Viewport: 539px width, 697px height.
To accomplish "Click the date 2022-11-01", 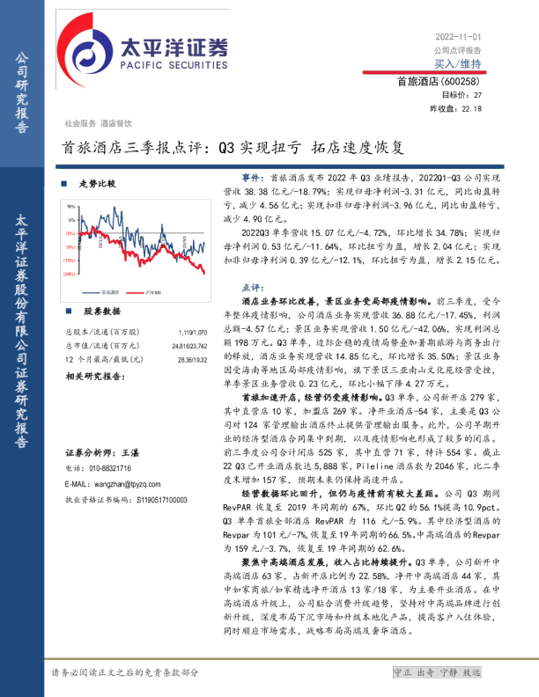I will coord(458,37).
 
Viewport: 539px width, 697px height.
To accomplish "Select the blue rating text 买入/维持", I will coord(457,63).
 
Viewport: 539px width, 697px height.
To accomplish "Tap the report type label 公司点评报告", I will coord(457,50).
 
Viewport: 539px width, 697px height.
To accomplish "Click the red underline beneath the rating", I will coord(424,72).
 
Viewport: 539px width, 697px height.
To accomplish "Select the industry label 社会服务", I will coord(80,124).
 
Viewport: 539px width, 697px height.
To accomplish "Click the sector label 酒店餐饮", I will coord(115,124).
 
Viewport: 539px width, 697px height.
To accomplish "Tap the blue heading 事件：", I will coord(253,179).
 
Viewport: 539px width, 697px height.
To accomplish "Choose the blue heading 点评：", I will coord(253,288).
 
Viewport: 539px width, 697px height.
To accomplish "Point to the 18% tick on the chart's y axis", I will coord(70,207).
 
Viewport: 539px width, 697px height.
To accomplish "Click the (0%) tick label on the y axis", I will coord(70,233).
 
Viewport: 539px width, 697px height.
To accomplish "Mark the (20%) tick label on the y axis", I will coord(69,274).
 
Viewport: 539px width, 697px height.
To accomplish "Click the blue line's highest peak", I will coord(114,209).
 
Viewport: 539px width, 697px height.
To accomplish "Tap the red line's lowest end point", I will coord(204,273).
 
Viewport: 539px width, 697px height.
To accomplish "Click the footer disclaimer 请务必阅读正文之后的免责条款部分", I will coord(125,672).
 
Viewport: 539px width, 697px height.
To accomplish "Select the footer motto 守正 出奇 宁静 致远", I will coord(437,672).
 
